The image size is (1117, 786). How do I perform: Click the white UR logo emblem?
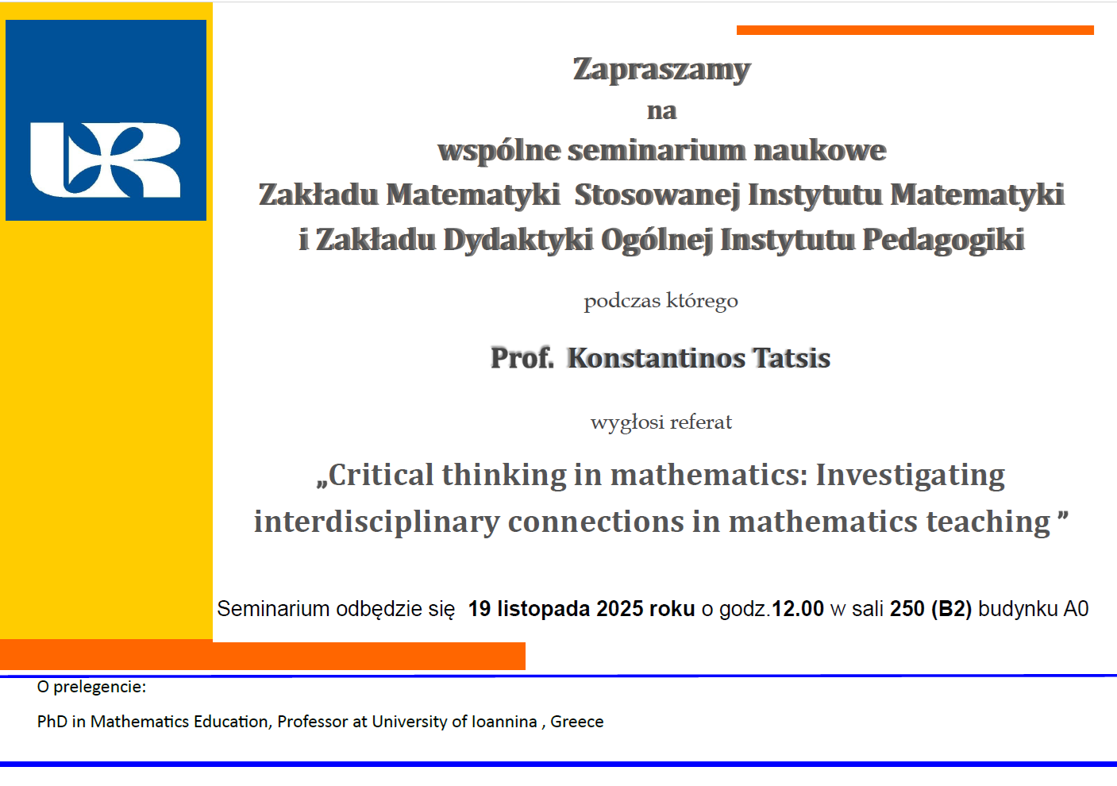click(106, 160)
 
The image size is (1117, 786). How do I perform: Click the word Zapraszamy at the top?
click(661, 70)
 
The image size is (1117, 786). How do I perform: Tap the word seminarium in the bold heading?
click(657, 150)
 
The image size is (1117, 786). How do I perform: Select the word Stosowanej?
click(657, 195)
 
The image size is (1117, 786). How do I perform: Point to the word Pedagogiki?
click(943, 240)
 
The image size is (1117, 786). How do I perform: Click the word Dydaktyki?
click(518, 240)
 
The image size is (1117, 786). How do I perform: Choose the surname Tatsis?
click(792, 358)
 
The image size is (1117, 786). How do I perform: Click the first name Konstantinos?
click(657, 358)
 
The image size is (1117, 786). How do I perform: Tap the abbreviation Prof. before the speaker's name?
click(522, 358)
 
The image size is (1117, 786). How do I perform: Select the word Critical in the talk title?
click(380, 475)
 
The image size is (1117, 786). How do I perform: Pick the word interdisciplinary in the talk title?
click(376, 522)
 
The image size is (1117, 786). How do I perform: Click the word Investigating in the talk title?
click(910, 476)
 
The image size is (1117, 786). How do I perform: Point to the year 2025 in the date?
click(620, 609)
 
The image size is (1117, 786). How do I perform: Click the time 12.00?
click(798, 609)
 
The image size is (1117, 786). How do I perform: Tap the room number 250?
click(907, 609)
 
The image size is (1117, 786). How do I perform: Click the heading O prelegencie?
click(92, 688)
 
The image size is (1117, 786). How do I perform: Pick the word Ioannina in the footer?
click(504, 722)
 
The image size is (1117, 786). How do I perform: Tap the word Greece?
click(577, 722)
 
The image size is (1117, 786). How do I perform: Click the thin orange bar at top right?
click(915, 30)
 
